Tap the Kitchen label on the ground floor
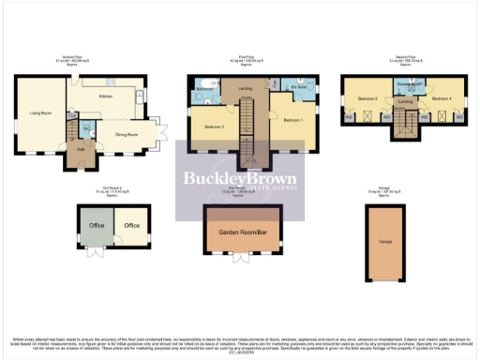(105, 95)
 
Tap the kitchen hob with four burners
(138, 97)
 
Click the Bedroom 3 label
(367, 97)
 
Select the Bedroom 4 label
(442, 97)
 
